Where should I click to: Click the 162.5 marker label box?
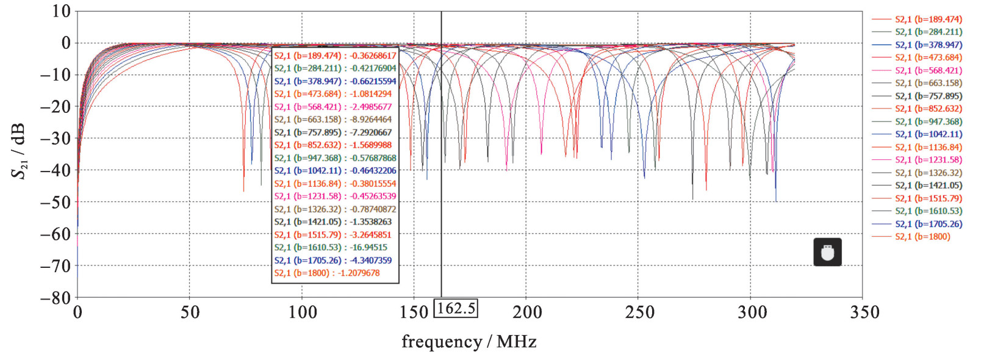point(456,308)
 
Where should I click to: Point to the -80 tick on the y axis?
point(56,298)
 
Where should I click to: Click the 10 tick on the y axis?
point(61,11)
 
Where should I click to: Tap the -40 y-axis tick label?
point(56,170)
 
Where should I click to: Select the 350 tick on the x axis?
point(864,312)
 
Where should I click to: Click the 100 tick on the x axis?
point(302,312)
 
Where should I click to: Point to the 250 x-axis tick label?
point(639,312)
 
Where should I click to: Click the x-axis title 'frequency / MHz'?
point(469,342)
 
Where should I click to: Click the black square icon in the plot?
point(827,252)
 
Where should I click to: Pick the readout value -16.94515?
point(368,248)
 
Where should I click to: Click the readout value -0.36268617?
point(373,56)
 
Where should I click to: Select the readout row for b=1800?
point(326,273)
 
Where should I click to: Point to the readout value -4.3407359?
point(371,261)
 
